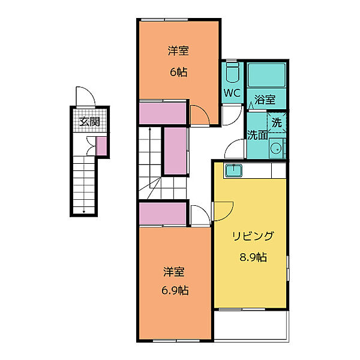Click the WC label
(x=232, y=93)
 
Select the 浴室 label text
(x=265, y=100)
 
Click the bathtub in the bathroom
(x=266, y=75)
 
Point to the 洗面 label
(x=257, y=135)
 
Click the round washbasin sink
(x=275, y=149)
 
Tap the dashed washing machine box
(x=277, y=123)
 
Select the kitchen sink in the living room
(x=234, y=170)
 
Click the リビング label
(x=253, y=236)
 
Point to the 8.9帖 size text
(x=253, y=257)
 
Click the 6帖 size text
(x=178, y=72)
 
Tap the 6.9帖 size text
(x=175, y=290)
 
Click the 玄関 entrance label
(x=89, y=121)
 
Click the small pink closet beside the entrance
(x=101, y=146)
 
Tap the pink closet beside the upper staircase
(x=175, y=151)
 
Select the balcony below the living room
(x=251, y=325)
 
